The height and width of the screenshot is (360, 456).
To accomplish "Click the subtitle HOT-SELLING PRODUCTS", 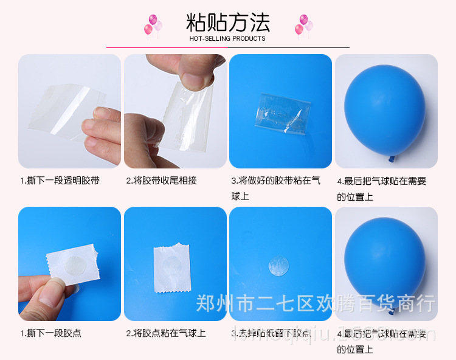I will pyautogui.click(x=227, y=38).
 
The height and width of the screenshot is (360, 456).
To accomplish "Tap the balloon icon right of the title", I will pyautogui.click(x=303, y=25).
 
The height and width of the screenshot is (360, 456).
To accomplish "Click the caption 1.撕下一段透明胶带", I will pyautogui.click(x=60, y=181).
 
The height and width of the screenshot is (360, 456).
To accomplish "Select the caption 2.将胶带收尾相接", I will pyautogui.click(x=161, y=181).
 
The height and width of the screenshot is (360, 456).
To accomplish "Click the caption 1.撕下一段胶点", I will pyautogui.click(x=50, y=333).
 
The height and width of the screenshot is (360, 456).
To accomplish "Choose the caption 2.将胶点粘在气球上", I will pyautogui.click(x=165, y=333).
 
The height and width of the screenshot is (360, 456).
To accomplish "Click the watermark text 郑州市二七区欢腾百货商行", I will pyautogui.click(x=315, y=302).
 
